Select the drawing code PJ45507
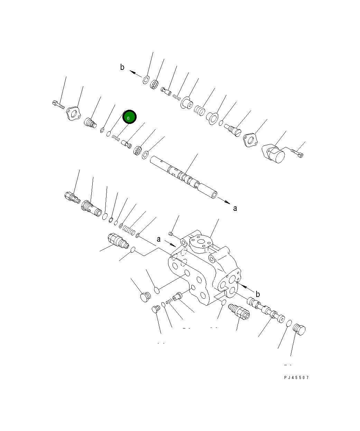(296, 378)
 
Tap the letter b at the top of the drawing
(122, 68)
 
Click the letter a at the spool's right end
(235, 208)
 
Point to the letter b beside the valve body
(257, 294)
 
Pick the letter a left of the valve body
(159, 239)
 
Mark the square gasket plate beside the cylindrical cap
(250, 141)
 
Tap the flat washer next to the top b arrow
(146, 80)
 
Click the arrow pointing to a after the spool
(224, 201)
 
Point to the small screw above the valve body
(171, 234)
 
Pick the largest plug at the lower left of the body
(145, 297)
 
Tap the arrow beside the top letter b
(136, 73)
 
